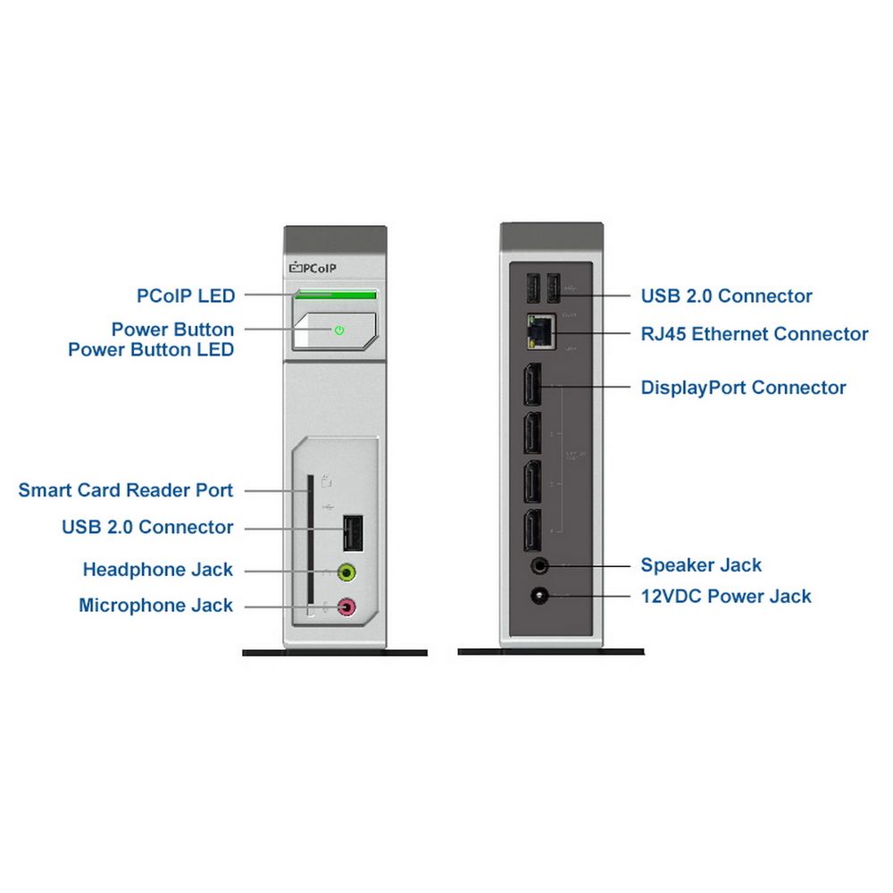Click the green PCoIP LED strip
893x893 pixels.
336,293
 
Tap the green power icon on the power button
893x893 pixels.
339,330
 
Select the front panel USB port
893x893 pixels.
352,534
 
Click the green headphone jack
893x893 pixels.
347,571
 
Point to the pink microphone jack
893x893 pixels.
347,607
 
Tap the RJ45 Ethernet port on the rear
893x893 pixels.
540,332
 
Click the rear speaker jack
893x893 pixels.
539,565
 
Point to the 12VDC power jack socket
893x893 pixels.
539,596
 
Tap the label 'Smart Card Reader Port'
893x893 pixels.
126,490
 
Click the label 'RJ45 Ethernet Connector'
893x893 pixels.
755,334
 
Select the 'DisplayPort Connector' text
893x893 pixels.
744,388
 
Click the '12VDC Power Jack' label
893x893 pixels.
726,596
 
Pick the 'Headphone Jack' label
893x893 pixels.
158,570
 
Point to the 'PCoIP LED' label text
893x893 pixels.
186,295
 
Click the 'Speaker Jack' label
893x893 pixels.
702,565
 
